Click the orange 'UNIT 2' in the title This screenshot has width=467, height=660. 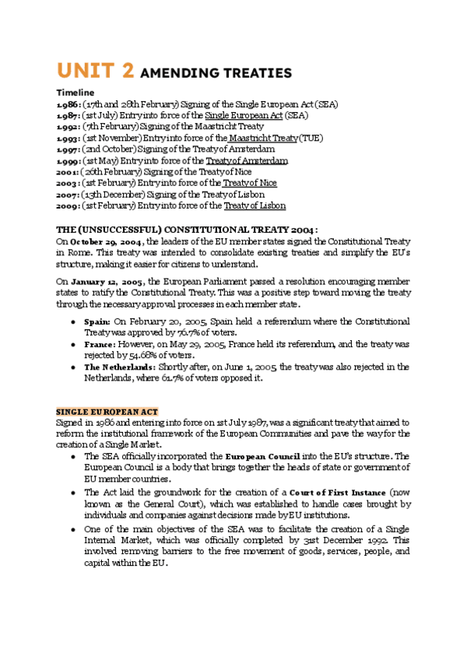[x=93, y=72]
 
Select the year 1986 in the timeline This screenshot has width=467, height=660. [x=67, y=104]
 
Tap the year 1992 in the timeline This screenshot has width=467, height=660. [x=67, y=127]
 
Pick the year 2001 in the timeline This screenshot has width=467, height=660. [x=67, y=172]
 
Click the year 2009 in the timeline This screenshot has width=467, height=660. [x=67, y=205]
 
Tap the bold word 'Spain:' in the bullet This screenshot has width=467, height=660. [x=97, y=321]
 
